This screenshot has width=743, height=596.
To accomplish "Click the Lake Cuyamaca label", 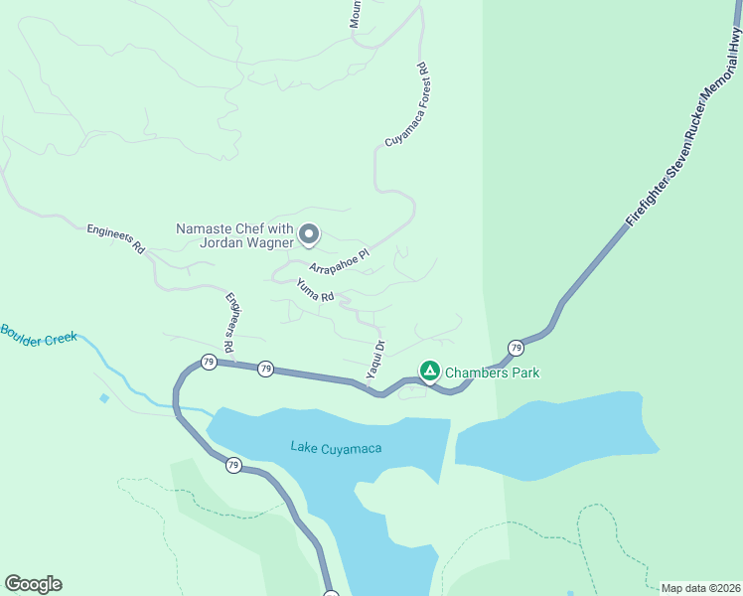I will coord(336,448).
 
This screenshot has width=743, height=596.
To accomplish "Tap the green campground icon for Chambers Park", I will coord(429,372).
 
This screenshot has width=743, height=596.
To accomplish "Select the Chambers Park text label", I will coord(492,372).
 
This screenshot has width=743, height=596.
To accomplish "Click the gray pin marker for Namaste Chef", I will coord(309,234).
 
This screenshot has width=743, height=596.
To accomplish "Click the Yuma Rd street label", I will coord(315,290).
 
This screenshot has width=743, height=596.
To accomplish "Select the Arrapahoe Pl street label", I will coord(339,261).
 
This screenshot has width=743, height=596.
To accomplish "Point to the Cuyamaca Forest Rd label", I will coord(406,105).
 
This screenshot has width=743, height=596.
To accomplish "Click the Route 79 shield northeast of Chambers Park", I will coord(516,348).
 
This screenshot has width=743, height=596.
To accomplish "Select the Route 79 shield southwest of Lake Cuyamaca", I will coord(232,465).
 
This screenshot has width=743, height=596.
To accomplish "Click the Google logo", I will coord(33,584).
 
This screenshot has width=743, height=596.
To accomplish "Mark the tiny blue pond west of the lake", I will coord(104,398).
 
